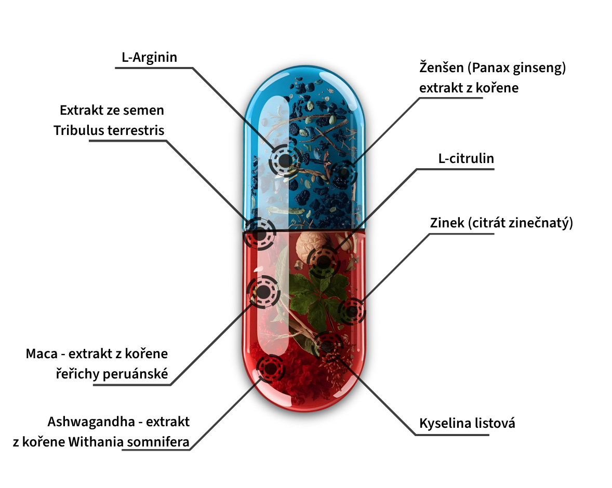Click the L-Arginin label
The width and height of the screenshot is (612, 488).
[150, 57]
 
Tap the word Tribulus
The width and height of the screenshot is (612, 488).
[78, 130]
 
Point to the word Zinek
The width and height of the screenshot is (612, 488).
[447, 223]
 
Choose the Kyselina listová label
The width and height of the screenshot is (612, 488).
[467, 423]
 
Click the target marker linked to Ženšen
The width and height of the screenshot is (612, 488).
[343, 173]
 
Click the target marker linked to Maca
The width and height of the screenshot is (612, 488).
[263, 292]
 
